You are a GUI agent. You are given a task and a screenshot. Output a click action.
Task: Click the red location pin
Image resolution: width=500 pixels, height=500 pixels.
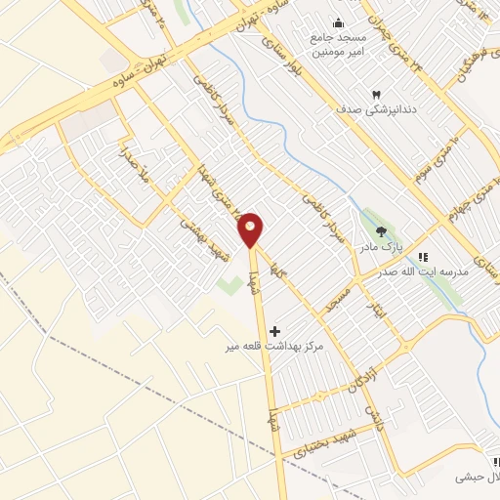[x=251, y=229]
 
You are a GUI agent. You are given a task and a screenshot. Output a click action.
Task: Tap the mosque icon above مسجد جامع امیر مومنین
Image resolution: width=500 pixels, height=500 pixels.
[x=338, y=24]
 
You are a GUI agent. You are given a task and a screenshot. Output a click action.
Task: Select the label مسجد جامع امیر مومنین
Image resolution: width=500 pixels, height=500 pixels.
[x=338, y=45]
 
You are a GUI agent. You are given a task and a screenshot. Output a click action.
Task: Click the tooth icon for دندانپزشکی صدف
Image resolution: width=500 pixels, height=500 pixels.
[x=349, y=94]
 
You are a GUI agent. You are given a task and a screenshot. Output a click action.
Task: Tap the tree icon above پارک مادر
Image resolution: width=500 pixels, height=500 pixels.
[x=381, y=230]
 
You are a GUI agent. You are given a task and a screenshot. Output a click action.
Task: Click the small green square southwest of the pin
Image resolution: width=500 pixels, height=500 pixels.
[x=230, y=286]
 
